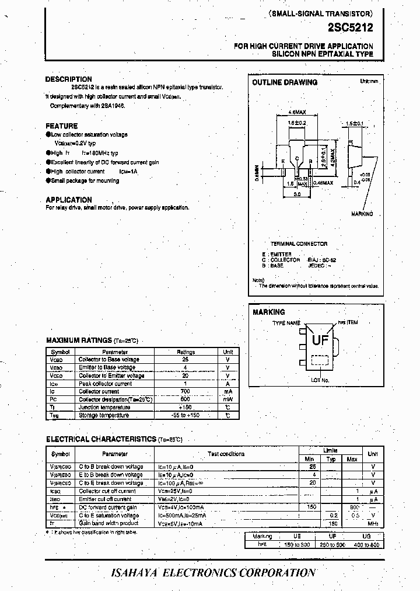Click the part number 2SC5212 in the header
pos(351,27)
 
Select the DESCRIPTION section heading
pos(69,79)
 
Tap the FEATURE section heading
pos(61,126)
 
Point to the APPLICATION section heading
pos(69,200)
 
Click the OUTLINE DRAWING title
pos(285,83)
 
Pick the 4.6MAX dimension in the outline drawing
pos(297,111)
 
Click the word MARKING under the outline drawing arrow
pos(362,214)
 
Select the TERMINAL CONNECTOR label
pos(299,244)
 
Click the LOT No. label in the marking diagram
pos(320,380)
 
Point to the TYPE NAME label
pos(286,323)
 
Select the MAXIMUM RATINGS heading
pos(79,340)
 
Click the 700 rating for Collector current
pos(185,391)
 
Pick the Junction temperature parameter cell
pos(103,407)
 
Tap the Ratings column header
pos(185,352)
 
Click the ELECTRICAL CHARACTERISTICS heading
pos(100,439)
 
